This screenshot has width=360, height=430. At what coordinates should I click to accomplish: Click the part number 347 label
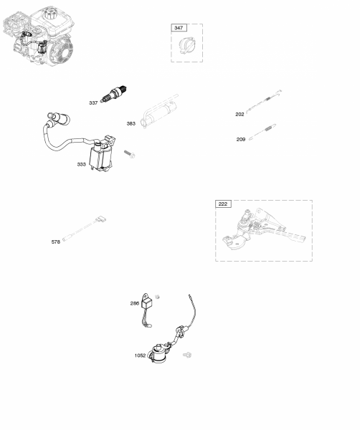click(x=179, y=28)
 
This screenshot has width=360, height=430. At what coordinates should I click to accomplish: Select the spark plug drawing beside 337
click(x=113, y=94)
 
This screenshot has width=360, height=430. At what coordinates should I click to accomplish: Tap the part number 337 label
click(x=93, y=102)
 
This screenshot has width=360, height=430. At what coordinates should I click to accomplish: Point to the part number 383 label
click(x=131, y=123)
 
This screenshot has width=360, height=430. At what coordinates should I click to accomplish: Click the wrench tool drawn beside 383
click(x=159, y=111)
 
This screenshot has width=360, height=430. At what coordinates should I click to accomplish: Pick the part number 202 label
click(x=240, y=115)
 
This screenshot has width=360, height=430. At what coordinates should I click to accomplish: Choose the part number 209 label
click(x=241, y=139)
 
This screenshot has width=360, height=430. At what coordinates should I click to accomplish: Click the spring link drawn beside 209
click(x=262, y=132)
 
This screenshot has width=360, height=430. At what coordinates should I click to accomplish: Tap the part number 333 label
click(x=81, y=164)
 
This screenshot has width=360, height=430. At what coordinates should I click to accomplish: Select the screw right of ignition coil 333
click(x=130, y=154)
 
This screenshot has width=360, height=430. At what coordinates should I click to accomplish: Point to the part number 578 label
click(x=56, y=242)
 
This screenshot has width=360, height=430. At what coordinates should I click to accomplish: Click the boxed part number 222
click(x=223, y=204)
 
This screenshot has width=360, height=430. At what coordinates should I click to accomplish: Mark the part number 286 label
click(x=134, y=303)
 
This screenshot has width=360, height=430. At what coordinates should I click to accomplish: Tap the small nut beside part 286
click(x=157, y=297)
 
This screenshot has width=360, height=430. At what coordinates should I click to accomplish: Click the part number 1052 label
click(x=140, y=355)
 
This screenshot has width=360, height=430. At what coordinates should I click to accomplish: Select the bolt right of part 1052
click(x=187, y=355)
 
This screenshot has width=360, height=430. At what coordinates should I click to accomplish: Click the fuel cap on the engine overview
click(x=50, y=13)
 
